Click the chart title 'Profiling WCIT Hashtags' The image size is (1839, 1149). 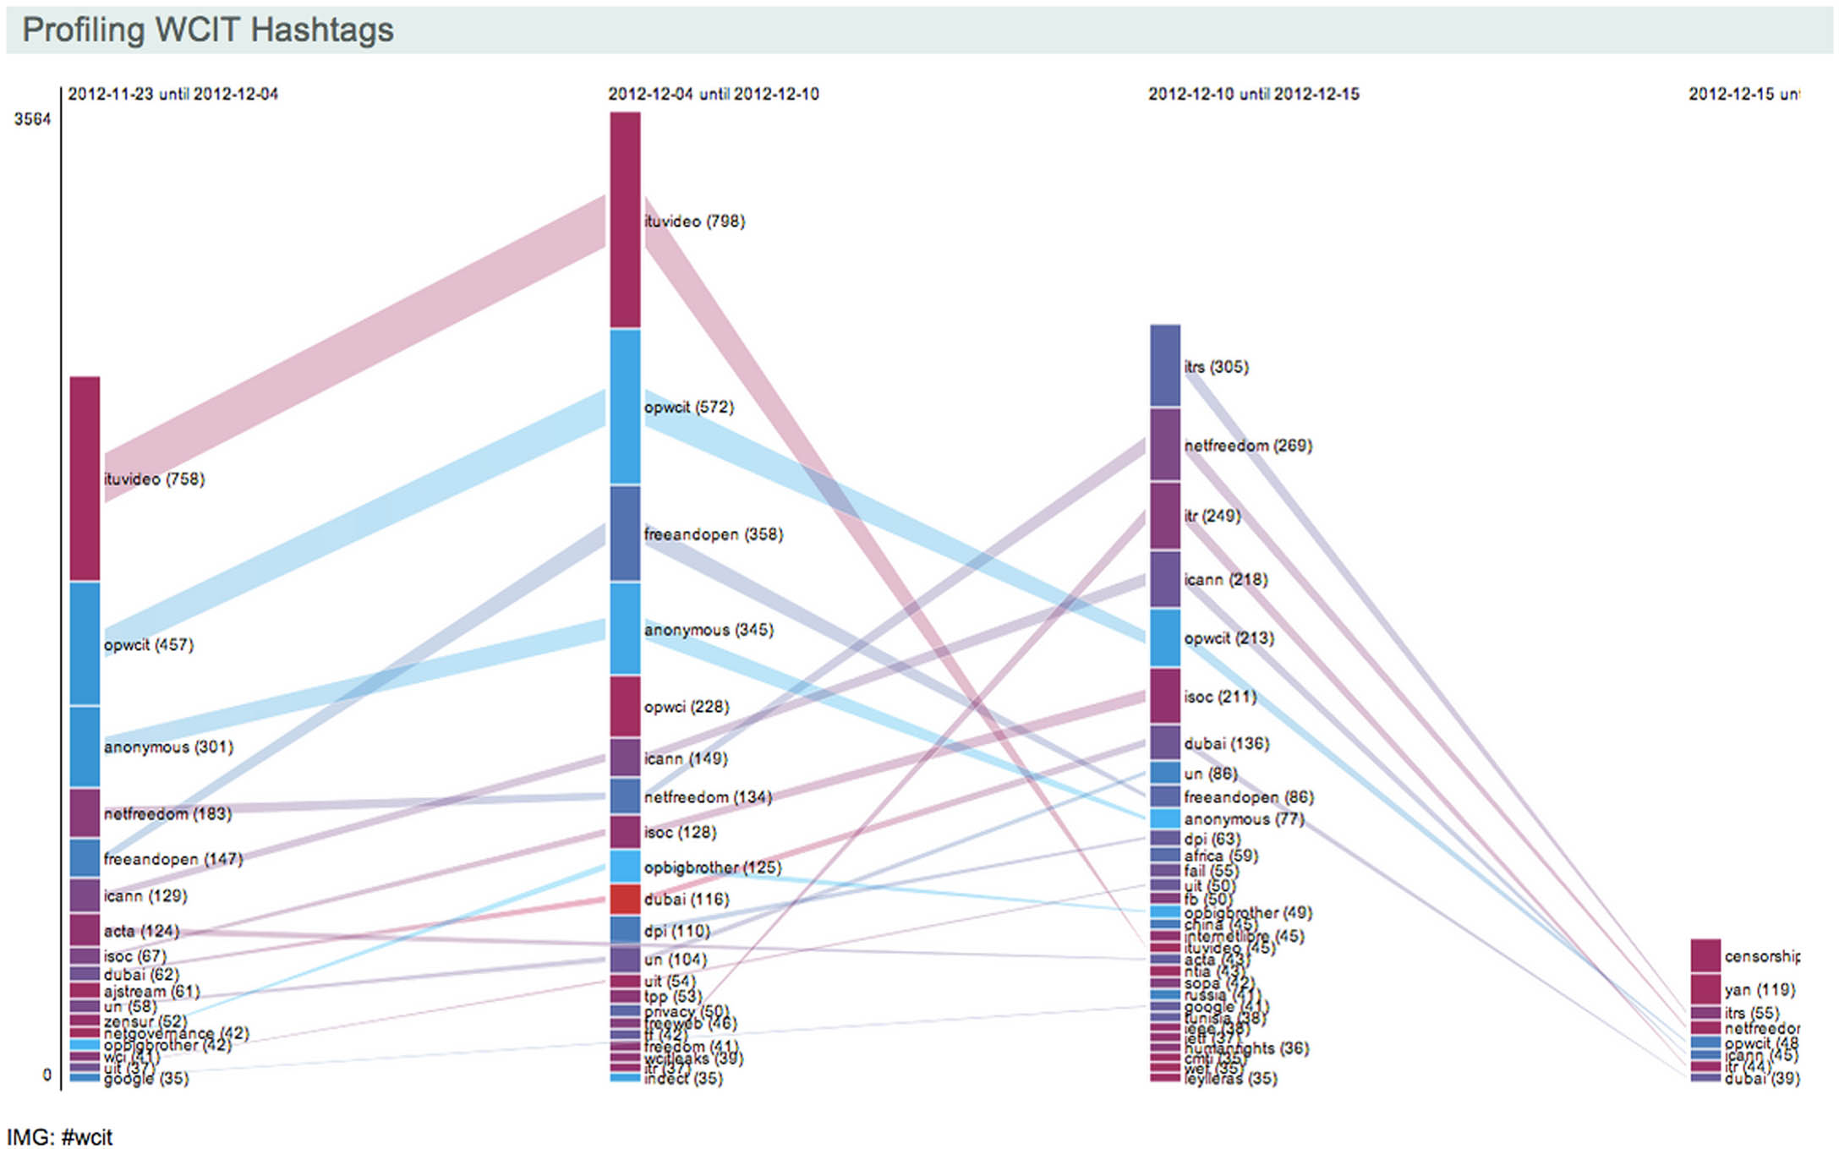coord(207,30)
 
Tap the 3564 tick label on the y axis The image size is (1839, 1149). coord(32,119)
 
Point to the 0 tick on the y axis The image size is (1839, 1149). coord(47,1075)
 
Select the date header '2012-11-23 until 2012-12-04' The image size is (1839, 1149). coord(172,94)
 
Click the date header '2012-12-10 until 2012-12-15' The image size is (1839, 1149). coord(1253,94)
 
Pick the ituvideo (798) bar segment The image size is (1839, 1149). coord(625,220)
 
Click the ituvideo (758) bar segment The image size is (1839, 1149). coord(85,479)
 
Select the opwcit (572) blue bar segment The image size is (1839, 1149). coord(625,407)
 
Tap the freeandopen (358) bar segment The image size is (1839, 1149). coord(625,533)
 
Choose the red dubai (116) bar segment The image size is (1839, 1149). coord(625,899)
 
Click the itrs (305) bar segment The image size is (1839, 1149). coord(1165,366)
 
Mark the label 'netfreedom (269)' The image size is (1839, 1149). coord(1248,446)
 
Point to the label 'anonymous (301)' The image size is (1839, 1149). coord(168,747)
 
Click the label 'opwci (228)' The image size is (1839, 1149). coord(686,707)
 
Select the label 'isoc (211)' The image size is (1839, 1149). coord(1220,697)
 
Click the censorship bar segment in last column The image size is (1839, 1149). coord(1705,955)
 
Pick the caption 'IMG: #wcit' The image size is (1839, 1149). coord(59,1137)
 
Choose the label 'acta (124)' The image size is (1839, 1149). coord(141,931)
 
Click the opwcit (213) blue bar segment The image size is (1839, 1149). coord(1165,637)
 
